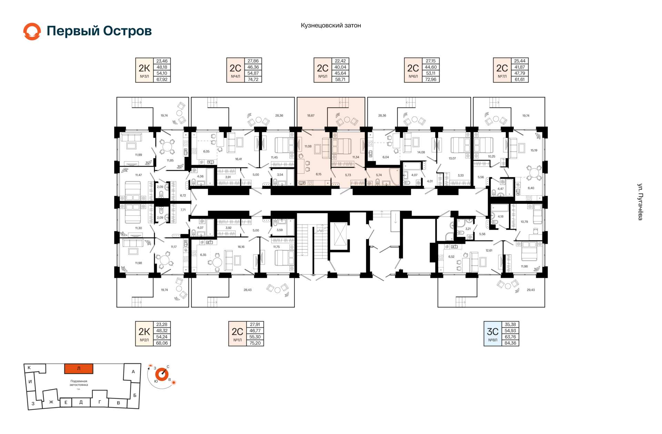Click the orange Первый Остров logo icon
pyautogui.click(x=32, y=31)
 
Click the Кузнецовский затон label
pyautogui.click(x=331, y=25)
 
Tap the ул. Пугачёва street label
pyautogui.click(x=640, y=202)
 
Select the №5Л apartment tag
pyautogui.click(x=323, y=76)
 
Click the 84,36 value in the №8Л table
pyautogui.click(x=510, y=343)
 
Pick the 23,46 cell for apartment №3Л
pyautogui.click(x=162, y=61)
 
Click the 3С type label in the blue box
pyautogui.click(x=493, y=331)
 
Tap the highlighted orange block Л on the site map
pyautogui.click(x=79, y=369)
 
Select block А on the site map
pyautogui.click(x=133, y=372)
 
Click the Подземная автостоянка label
pyautogui.click(x=79, y=383)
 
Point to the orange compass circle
pyautogui.click(x=162, y=374)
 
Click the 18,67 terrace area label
pyautogui.click(x=311, y=116)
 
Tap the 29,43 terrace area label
pyautogui.click(x=531, y=290)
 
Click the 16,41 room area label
pyautogui.click(x=239, y=159)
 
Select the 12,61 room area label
pyautogui.click(x=489, y=250)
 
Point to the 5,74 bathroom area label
pyautogui.click(x=379, y=175)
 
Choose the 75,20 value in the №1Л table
pyautogui.click(x=255, y=343)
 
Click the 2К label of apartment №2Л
pyautogui.click(x=144, y=331)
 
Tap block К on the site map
pyautogui.click(x=29, y=368)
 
